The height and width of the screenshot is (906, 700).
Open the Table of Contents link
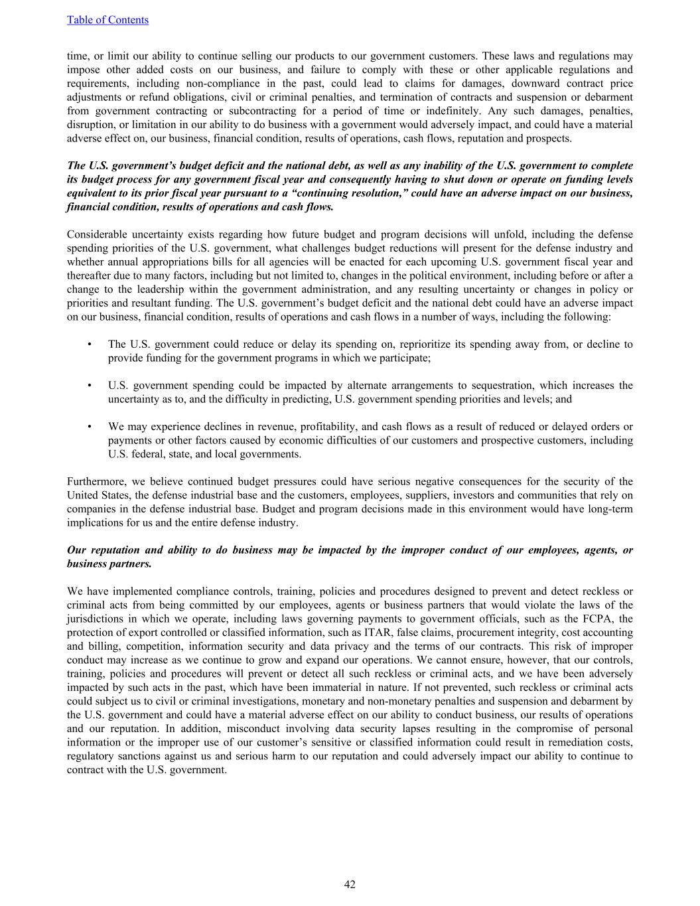(107, 20)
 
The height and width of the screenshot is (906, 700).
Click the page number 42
(350, 884)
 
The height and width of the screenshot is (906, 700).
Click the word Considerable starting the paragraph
(96, 234)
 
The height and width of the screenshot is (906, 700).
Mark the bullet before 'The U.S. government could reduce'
(89, 344)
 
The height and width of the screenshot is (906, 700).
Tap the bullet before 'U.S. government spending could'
(89, 386)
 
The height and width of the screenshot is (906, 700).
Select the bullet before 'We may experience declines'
(89, 427)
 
